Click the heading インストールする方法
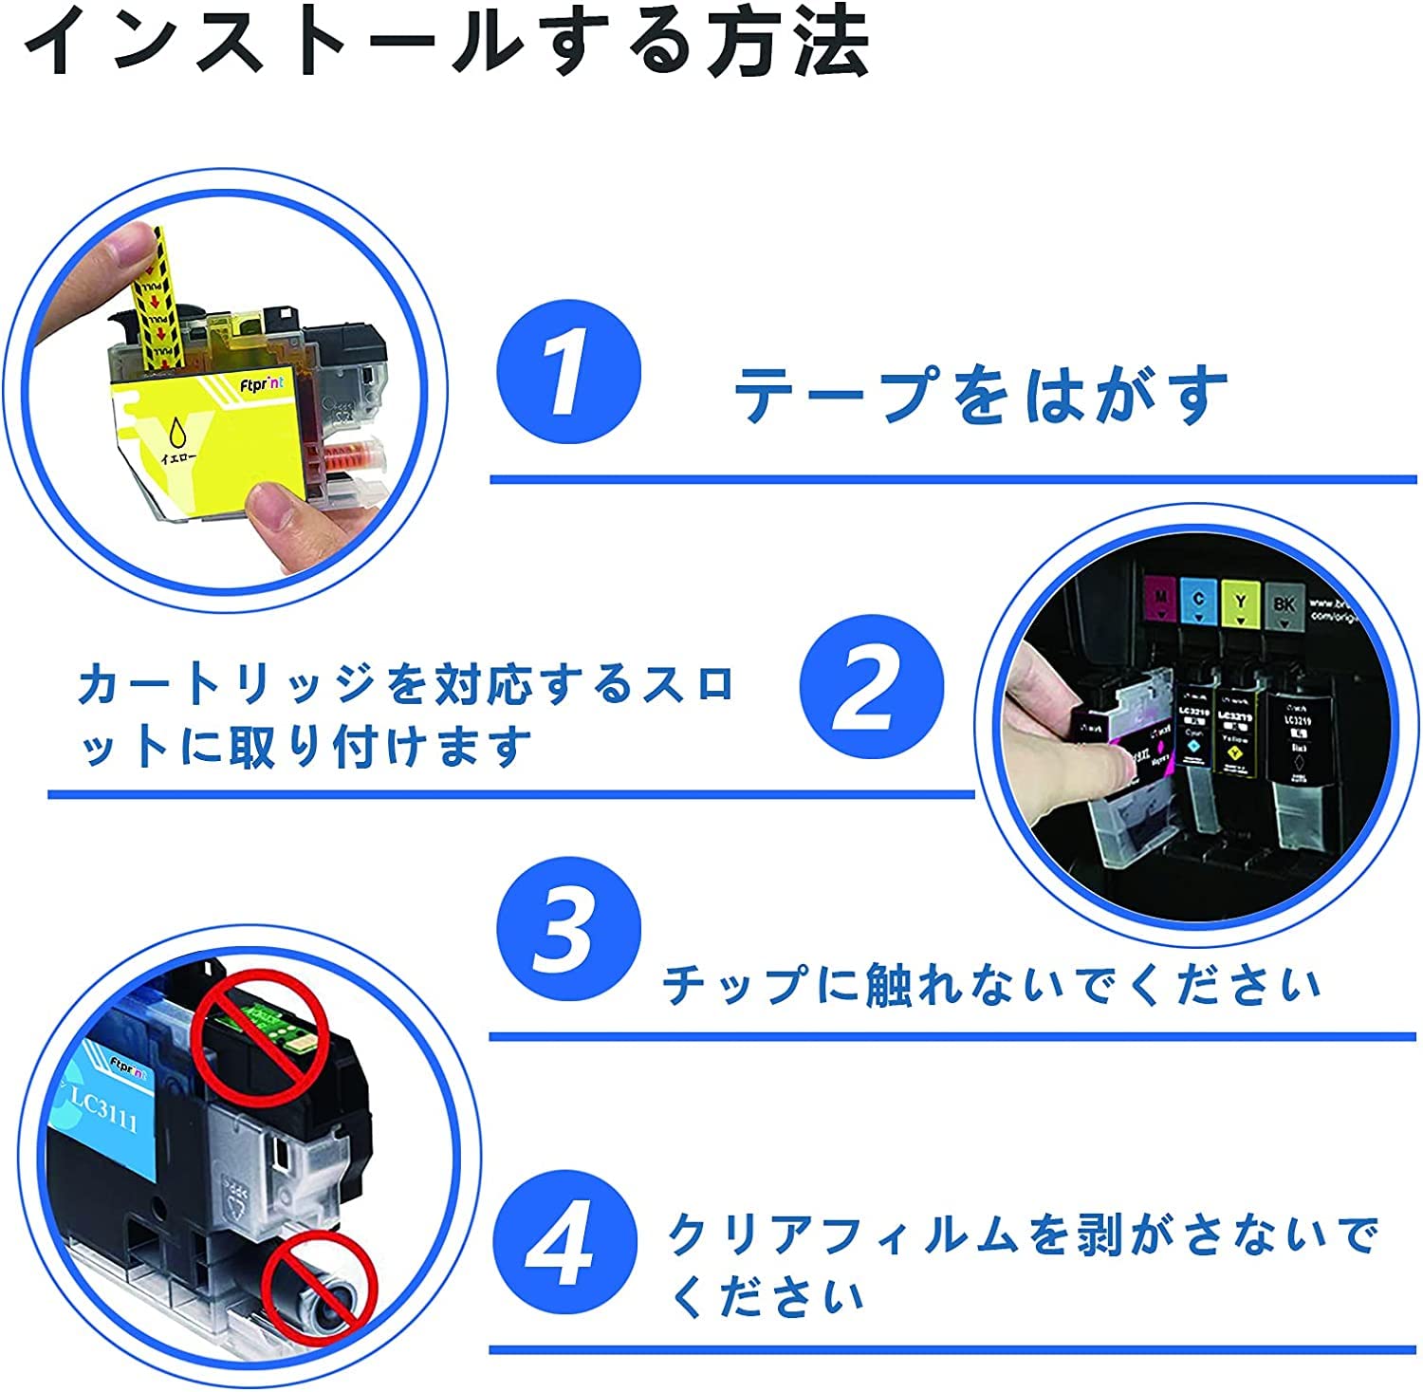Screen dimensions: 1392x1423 pyautogui.click(x=446, y=43)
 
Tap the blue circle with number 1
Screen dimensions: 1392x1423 pyautogui.click(x=568, y=372)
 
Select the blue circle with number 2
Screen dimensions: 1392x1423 pyautogui.click(x=871, y=686)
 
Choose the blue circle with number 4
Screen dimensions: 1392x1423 pyautogui.click(x=566, y=1242)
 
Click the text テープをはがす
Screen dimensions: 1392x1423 pyautogui.click(x=981, y=395)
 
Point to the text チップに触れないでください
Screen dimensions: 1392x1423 pyautogui.click(x=991, y=984)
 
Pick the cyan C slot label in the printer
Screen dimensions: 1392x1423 pyautogui.click(x=1199, y=600)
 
